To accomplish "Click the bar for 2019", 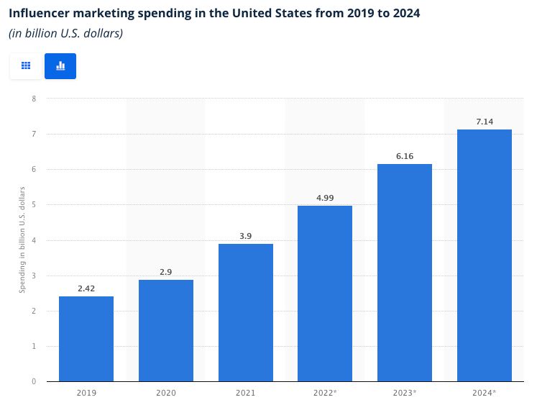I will (86, 338).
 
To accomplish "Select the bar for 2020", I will (166, 330).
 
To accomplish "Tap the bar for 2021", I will (246, 312).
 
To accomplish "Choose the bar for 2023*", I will (405, 273).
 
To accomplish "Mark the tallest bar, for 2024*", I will (485, 255).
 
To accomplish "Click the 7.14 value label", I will (485, 122).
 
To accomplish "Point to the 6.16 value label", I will (405, 156).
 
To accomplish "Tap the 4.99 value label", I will (325, 198).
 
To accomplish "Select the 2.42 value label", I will (86, 288).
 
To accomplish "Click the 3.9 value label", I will (246, 236).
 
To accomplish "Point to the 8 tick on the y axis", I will (33, 99).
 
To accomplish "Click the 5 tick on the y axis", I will (33, 204).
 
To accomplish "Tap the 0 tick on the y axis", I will (33, 381).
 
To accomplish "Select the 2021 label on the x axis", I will (246, 393).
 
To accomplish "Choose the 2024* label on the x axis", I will (485, 393).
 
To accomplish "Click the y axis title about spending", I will (22, 240).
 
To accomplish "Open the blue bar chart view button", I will (60, 65).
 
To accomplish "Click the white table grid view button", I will (26, 65).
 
